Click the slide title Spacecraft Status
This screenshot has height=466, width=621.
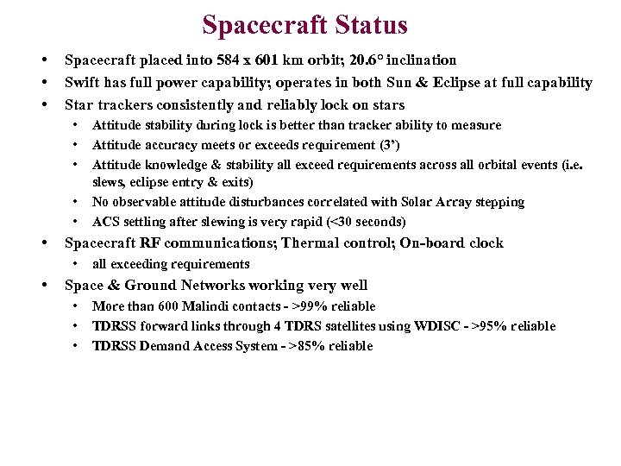(304, 25)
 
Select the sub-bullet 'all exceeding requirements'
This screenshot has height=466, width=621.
(171, 264)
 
